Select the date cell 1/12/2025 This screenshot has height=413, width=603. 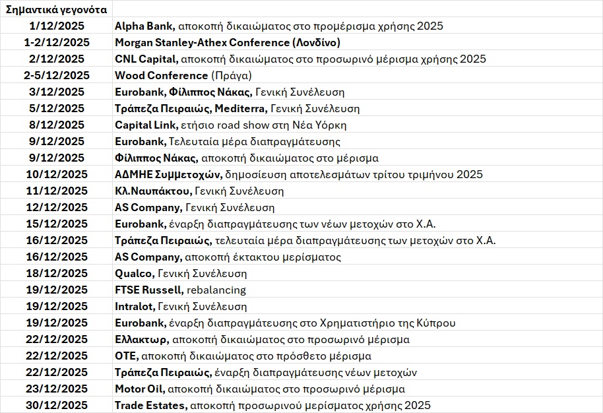click(x=57, y=26)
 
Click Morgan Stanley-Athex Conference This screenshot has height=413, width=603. click(x=202, y=43)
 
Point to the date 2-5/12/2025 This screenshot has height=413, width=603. click(x=57, y=76)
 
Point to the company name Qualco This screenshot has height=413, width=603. click(x=134, y=274)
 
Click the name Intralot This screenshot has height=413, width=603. click(x=135, y=307)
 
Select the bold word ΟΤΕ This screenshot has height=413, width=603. click(x=125, y=356)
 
